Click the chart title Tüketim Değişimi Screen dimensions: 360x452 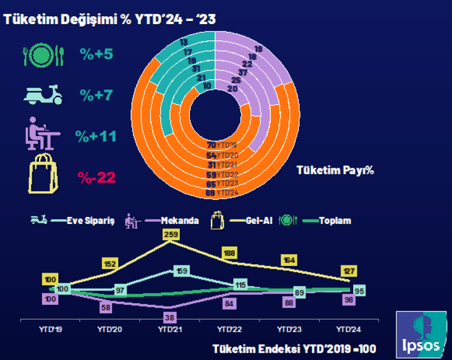(x=110, y=18)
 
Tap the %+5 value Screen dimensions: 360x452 (x=97, y=54)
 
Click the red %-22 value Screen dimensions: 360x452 (x=97, y=178)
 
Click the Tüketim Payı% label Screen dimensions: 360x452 (x=335, y=170)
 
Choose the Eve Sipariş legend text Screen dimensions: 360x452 (x=83, y=221)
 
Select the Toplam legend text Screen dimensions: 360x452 (x=335, y=221)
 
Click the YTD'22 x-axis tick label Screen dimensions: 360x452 (x=229, y=329)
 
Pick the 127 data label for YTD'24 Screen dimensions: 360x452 (x=348, y=271)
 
